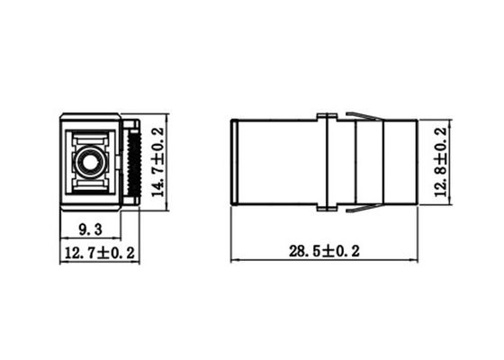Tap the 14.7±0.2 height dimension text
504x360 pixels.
click(157, 163)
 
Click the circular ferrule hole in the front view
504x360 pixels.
click(88, 163)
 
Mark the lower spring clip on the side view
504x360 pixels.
click(364, 210)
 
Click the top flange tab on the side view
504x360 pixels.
click(327, 114)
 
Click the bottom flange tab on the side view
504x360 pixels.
click(327, 211)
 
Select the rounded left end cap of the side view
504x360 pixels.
click(234, 162)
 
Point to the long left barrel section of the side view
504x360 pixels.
click(277, 162)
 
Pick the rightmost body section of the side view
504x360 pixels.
click(400, 162)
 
